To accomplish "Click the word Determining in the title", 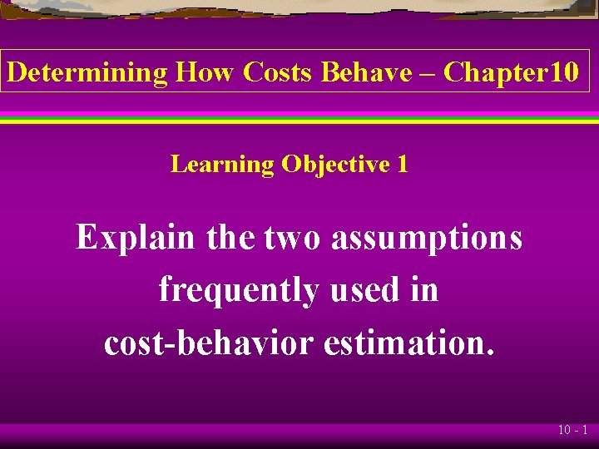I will click(87, 72).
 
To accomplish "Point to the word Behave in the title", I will click(366, 72).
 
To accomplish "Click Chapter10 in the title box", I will click(511, 72).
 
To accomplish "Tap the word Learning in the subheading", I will click(222, 165).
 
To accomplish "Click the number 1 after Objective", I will click(403, 165).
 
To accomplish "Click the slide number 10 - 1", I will click(573, 431).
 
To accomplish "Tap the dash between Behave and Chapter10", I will click(427, 74).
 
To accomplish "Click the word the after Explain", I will click(232, 238).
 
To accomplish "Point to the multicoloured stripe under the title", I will click(299, 117).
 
